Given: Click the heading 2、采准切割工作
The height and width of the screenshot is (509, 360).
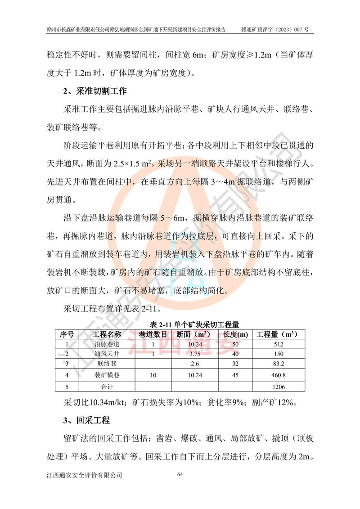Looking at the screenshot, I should coord(94,91).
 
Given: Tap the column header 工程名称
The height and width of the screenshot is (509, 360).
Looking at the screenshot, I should coord(107,334).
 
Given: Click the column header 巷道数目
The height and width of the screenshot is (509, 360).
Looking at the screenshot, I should coord(153,334).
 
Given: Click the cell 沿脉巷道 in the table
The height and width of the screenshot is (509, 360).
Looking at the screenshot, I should coord(107,344).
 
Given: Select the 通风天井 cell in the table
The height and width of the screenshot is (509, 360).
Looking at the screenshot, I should coord(107,354).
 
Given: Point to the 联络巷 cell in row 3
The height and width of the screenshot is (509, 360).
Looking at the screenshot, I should coord(107,364).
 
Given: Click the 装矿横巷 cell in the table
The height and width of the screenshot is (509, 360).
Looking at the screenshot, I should coord(107,375).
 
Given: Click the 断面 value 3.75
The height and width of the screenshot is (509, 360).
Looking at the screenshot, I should coord(194,354).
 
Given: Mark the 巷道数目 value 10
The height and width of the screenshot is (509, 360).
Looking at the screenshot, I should coord(153,375).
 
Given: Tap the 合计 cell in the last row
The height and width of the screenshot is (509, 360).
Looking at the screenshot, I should coord(107,387).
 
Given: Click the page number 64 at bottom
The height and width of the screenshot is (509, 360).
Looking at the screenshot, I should coord(180,474).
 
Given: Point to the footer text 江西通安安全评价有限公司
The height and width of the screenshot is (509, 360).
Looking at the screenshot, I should coord(84,475).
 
